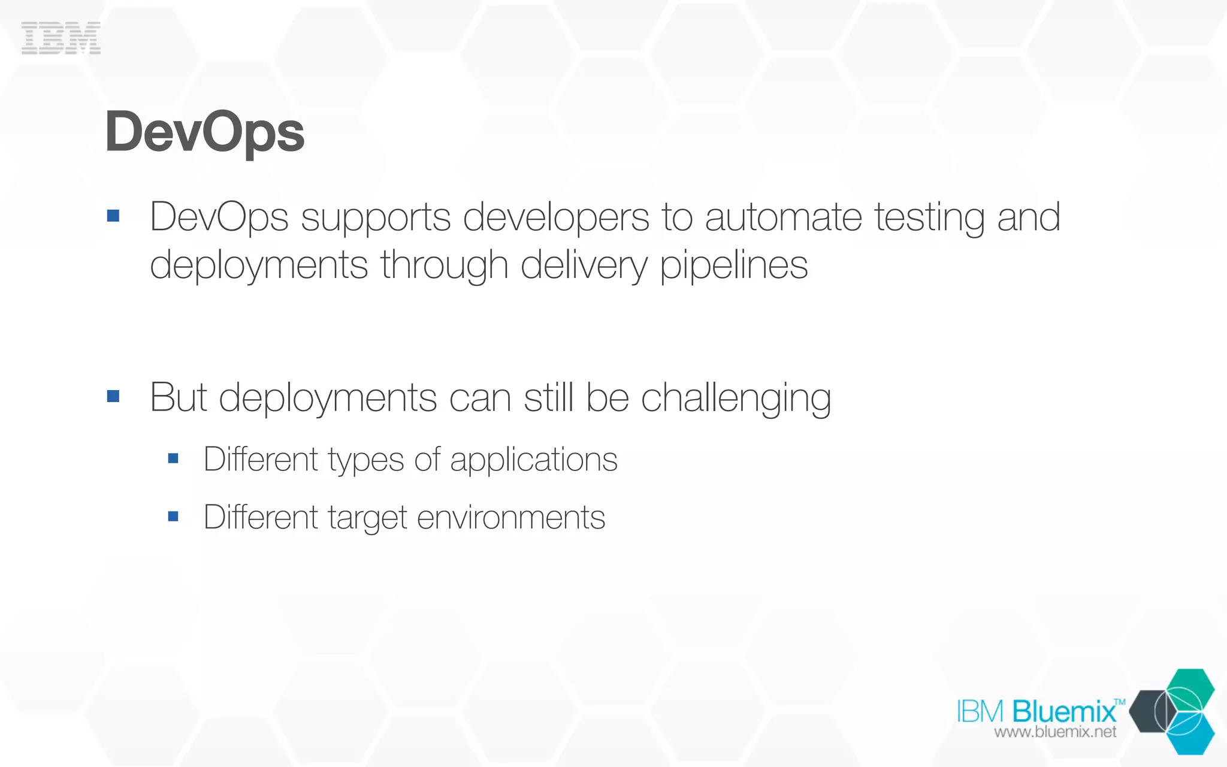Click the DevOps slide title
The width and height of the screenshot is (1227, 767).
point(204,132)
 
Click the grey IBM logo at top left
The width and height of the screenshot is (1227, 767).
point(61,38)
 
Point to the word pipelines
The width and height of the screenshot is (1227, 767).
point(733,265)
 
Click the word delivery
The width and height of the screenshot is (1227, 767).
point(584,265)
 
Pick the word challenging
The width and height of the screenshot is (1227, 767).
point(736,398)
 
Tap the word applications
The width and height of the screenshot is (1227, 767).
point(533,460)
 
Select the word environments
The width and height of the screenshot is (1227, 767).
point(510,517)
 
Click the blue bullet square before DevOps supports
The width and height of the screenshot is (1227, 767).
point(113,216)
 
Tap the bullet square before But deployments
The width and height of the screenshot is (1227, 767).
point(113,396)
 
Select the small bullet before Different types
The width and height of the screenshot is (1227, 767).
point(174,459)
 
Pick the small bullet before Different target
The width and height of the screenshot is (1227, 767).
point(174,517)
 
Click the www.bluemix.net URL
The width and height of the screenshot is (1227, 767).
point(1055,732)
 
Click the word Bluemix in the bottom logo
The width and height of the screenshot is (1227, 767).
point(1064,711)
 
